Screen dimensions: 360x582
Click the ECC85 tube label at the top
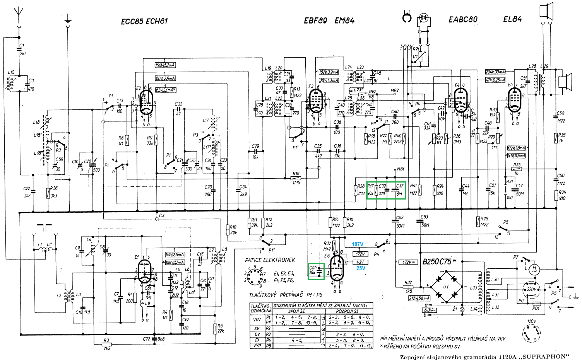point(132,21)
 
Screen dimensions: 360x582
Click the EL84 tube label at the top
point(512,19)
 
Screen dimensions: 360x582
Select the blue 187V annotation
point(358,244)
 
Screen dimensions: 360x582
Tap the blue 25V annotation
point(361,268)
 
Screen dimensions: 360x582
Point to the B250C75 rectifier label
point(437,262)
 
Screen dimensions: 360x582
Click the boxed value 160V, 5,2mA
point(165,65)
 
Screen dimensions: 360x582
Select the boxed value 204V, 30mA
point(495,72)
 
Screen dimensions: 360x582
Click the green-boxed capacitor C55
point(316,270)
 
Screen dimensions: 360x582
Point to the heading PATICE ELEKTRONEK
point(270,260)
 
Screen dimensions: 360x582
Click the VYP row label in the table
point(257,346)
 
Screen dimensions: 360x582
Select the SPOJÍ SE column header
point(296,311)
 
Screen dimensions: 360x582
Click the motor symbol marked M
point(534,268)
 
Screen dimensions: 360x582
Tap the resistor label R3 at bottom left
point(106,341)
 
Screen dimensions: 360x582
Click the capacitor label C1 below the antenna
point(22,46)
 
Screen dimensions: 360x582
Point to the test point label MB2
point(394,91)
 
